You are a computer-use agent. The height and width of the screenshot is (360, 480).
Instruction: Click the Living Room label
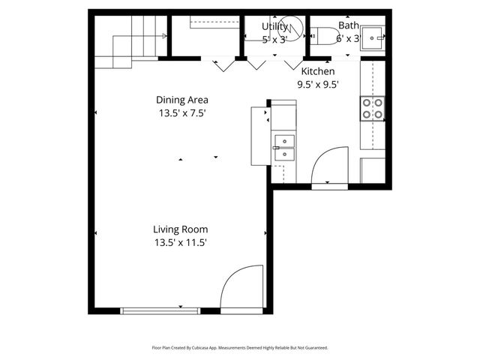click(x=180, y=229)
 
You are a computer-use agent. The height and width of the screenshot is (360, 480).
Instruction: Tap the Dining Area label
click(x=181, y=100)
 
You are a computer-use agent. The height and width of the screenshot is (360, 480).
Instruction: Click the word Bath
click(x=348, y=25)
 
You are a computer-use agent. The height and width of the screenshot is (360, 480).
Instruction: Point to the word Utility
click(x=274, y=26)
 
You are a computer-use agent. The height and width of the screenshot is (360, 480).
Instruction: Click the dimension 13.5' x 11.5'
click(x=180, y=242)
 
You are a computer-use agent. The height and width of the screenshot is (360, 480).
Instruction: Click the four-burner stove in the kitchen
click(x=373, y=109)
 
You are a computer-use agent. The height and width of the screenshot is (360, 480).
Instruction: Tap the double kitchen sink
click(x=285, y=148)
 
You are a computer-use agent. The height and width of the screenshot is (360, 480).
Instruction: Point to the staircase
click(x=131, y=41)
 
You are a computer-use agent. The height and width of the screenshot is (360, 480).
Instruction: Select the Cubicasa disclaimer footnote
click(x=240, y=347)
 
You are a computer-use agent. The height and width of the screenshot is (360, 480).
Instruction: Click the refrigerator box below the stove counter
click(x=373, y=169)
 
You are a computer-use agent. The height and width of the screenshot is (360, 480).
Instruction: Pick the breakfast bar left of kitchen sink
click(x=259, y=135)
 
